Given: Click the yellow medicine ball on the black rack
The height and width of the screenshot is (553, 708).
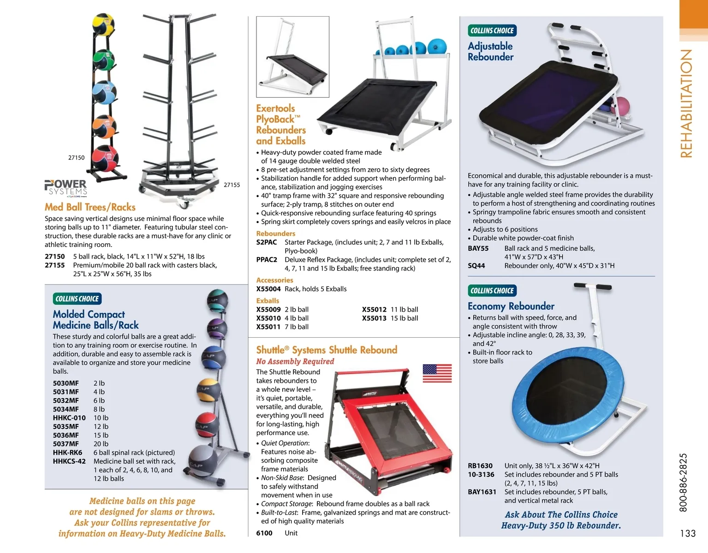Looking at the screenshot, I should (x=103, y=24).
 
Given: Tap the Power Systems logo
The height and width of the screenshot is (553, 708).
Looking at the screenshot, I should (x=66, y=188).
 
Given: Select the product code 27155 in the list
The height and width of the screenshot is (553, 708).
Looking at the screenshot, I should (x=54, y=265).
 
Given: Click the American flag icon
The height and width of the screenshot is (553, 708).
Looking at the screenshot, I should (x=437, y=373).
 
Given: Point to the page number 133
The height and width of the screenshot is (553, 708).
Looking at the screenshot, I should (x=687, y=533).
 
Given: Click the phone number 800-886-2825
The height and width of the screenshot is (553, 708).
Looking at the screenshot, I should (x=684, y=482).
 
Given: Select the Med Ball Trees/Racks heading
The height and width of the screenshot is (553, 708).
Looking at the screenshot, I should (x=90, y=207).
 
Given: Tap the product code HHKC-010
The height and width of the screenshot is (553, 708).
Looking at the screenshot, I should (x=69, y=418).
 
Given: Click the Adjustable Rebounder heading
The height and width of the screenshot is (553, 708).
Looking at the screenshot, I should (x=490, y=51).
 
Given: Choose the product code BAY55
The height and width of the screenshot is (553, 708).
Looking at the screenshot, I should (x=478, y=248).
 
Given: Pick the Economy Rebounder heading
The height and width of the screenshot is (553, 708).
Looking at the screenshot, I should (x=511, y=306).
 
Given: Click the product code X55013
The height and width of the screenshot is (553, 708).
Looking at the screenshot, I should (x=374, y=318).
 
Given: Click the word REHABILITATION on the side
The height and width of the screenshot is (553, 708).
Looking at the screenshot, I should (x=687, y=103).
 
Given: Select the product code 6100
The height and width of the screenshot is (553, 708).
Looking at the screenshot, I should (x=264, y=533).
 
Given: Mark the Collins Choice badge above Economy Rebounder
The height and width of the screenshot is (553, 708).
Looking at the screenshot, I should (x=492, y=290).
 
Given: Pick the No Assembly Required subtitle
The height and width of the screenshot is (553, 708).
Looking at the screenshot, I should (x=295, y=361).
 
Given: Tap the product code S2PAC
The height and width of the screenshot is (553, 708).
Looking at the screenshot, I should (x=267, y=242).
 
